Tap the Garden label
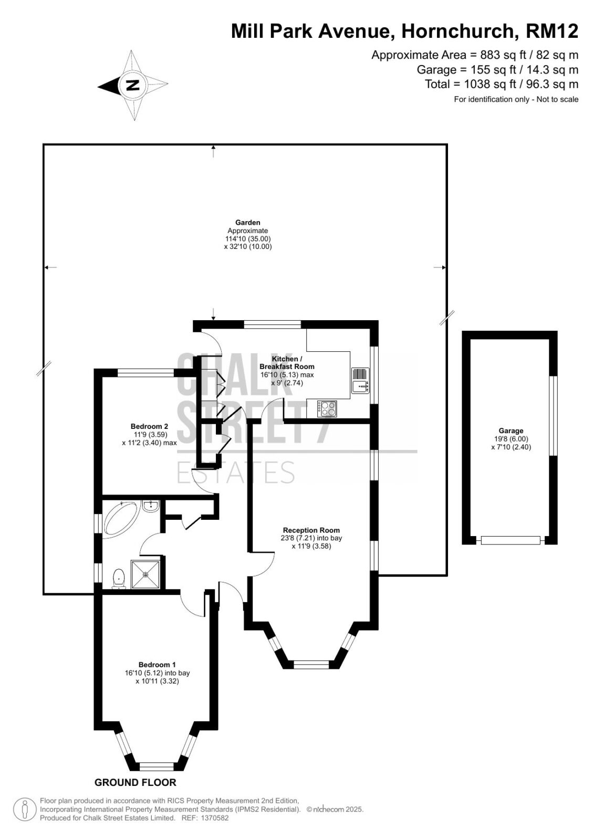pos(248,223)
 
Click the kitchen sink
pos(361,380)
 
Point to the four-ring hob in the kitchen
pos(327,408)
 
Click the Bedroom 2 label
pos(149,426)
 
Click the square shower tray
pos(145,574)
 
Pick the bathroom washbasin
pos(151,506)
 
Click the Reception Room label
pos(311,530)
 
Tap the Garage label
pos(511,431)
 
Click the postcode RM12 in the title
pos(552,31)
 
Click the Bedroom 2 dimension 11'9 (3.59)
pos(150,435)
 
